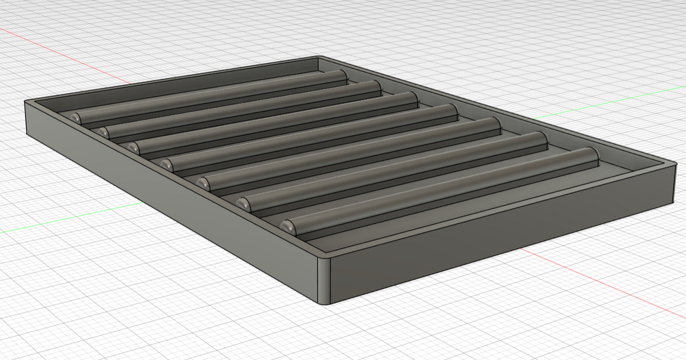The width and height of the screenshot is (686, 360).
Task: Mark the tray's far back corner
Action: pos(318,58)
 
